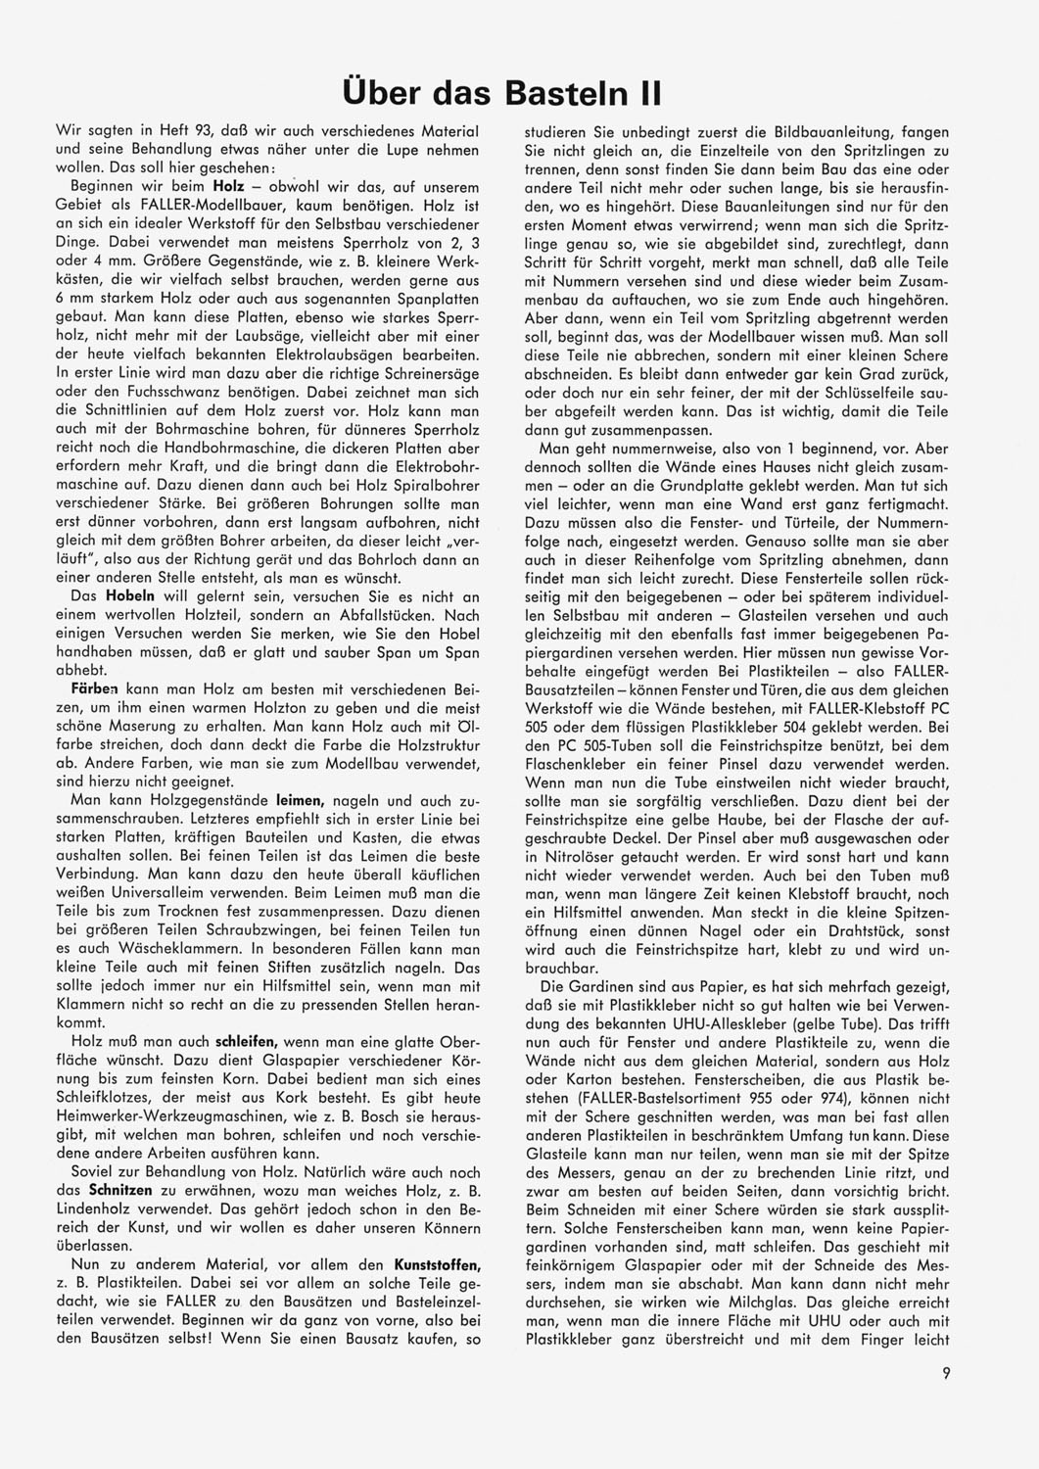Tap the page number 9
pyautogui.click(x=946, y=1373)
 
